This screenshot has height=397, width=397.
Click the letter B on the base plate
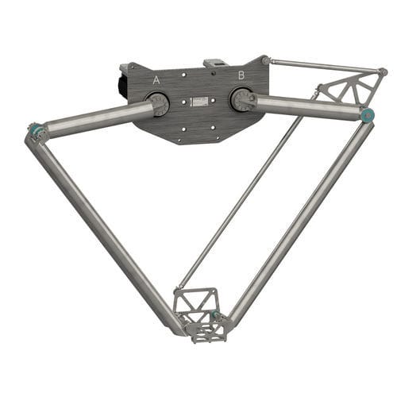click(x=240, y=75)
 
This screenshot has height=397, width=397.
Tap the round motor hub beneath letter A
click(x=156, y=104)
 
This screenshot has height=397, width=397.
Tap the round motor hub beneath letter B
click(x=241, y=100)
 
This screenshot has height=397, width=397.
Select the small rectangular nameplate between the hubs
click(x=198, y=102)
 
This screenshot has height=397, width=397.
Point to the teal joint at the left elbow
click(x=35, y=127)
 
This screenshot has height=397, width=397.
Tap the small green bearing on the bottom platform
click(x=214, y=315)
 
